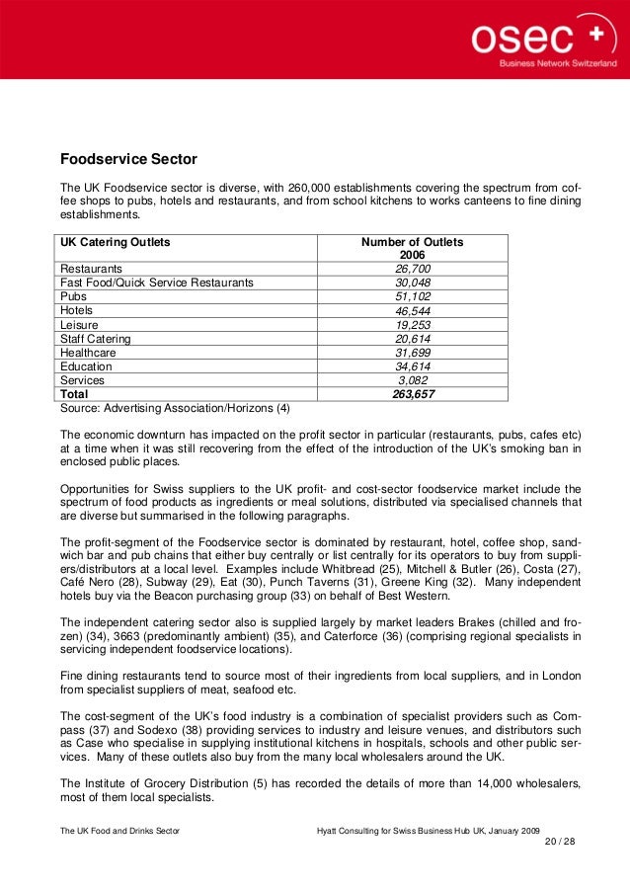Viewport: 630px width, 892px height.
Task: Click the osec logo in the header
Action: click(542, 39)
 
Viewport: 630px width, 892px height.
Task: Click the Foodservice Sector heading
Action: click(128, 158)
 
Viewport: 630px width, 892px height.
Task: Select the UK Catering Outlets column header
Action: click(116, 242)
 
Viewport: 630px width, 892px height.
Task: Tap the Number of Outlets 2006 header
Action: click(412, 248)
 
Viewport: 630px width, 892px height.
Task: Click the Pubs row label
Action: click(74, 296)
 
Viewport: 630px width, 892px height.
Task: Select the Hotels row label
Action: click(77, 310)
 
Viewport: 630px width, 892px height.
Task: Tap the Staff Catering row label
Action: click(96, 338)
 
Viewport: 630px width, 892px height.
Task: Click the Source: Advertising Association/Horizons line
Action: click(176, 407)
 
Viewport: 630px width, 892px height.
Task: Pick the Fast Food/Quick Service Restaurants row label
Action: click(157, 283)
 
